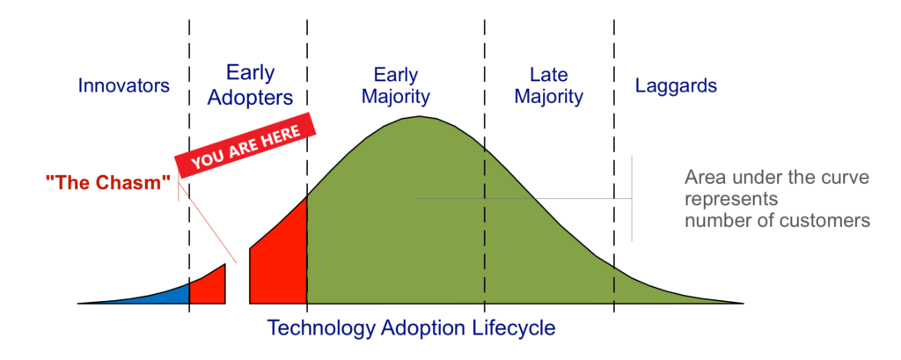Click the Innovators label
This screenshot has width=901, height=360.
[x=123, y=85]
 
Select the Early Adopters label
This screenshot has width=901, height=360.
[x=250, y=85]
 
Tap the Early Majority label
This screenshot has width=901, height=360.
[x=395, y=85]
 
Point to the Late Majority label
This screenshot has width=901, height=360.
[x=549, y=85]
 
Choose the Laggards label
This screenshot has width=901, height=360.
[x=676, y=86]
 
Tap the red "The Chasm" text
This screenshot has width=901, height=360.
[x=108, y=182]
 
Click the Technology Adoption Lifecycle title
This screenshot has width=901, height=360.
[x=412, y=327]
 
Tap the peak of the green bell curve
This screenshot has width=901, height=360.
[x=419, y=117]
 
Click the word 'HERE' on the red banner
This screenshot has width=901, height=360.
[x=281, y=136]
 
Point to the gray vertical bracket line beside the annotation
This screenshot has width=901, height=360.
[x=632, y=198]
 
